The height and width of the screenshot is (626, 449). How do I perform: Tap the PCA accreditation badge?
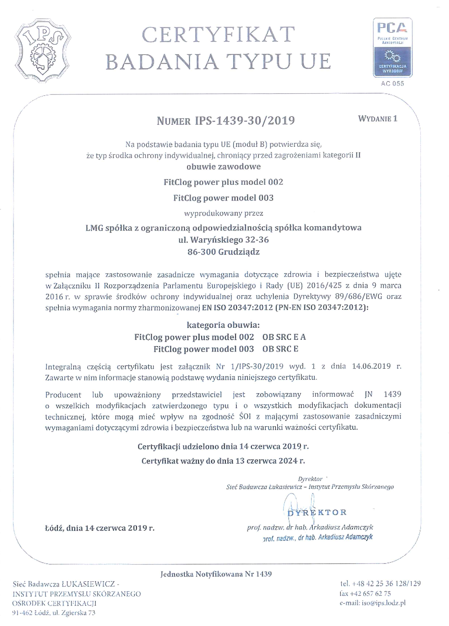pyautogui.click(x=392, y=47)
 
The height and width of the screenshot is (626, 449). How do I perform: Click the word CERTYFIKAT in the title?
pyautogui.click(x=218, y=35)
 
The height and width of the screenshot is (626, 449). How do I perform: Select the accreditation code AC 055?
pyautogui.click(x=392, y=83)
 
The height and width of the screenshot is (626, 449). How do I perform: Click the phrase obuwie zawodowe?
pyautogui.click(x=223, y=166)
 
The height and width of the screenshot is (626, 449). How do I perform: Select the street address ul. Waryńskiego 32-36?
pyautogui.click(x=223, y=240)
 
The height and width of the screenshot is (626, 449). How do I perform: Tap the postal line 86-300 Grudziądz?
pyautogui.click(x=223, y=252)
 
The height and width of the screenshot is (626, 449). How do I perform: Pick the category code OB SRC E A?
pyautogui.click(x=284, y=337)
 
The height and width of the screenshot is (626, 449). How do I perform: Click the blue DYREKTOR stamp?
pyautogui.click(x=317, y=513)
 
